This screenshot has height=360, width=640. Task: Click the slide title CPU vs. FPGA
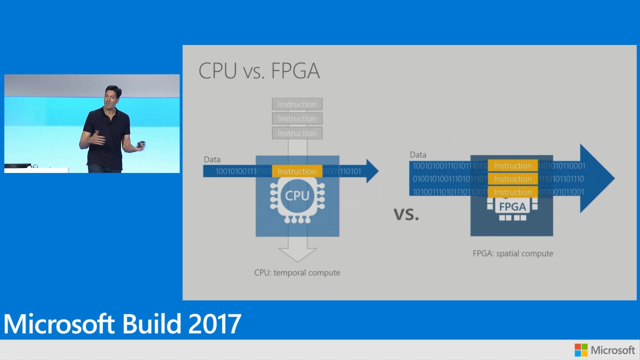[x=259, y=71]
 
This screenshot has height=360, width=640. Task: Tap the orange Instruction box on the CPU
[x=297, y=171]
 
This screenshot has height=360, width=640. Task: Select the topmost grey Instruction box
[x=297, y=104]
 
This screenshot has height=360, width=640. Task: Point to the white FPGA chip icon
[x=512, y=208]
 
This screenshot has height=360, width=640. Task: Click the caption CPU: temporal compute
[x=297, y=272]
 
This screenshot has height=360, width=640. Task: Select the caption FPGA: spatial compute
[x=512, y=253]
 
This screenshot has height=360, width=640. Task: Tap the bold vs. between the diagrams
[x=406, y=214]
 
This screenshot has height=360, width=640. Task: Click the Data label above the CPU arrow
[x=212, y=159]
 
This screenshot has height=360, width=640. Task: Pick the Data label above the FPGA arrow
[x=418, y=155]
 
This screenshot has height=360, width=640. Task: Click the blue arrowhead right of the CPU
[x=371, y=171]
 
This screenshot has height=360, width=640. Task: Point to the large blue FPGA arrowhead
[x=597, y=178]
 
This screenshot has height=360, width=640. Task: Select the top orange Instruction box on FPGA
[x=512, y=166]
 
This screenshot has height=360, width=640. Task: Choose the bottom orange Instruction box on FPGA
[x=512, y=192]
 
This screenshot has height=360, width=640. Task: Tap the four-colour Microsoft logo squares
[x=581, y=350]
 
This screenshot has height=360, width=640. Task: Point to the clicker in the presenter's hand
[x=141, y=145]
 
